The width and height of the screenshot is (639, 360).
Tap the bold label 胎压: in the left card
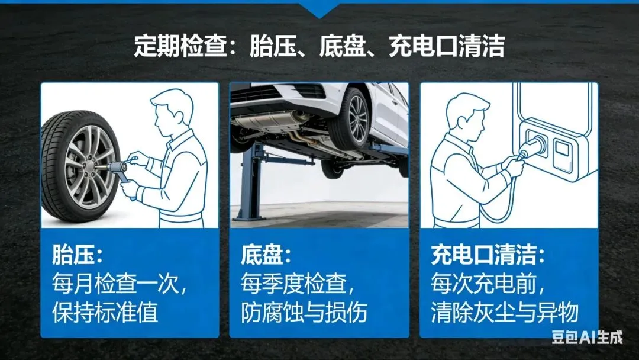pos(77,255)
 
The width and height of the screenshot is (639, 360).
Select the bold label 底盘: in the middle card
pos(266,255)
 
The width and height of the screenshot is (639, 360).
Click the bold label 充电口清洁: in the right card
pos(488,255)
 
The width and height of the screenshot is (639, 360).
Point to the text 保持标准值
pos(105,312)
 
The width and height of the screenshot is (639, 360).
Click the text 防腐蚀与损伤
pos(304,312)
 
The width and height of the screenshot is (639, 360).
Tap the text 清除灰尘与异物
pos(505,312)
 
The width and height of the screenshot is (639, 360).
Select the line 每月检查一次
pos(119,284)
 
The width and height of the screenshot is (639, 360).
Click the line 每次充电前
pos(488,284)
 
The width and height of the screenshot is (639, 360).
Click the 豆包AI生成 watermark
pos(588,337)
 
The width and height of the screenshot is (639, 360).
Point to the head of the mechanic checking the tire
pos(170,112)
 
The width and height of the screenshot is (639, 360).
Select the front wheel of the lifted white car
pos(350,118)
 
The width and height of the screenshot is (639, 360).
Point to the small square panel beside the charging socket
pos(563,153)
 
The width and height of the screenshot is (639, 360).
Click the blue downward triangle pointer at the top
pos(319,9)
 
